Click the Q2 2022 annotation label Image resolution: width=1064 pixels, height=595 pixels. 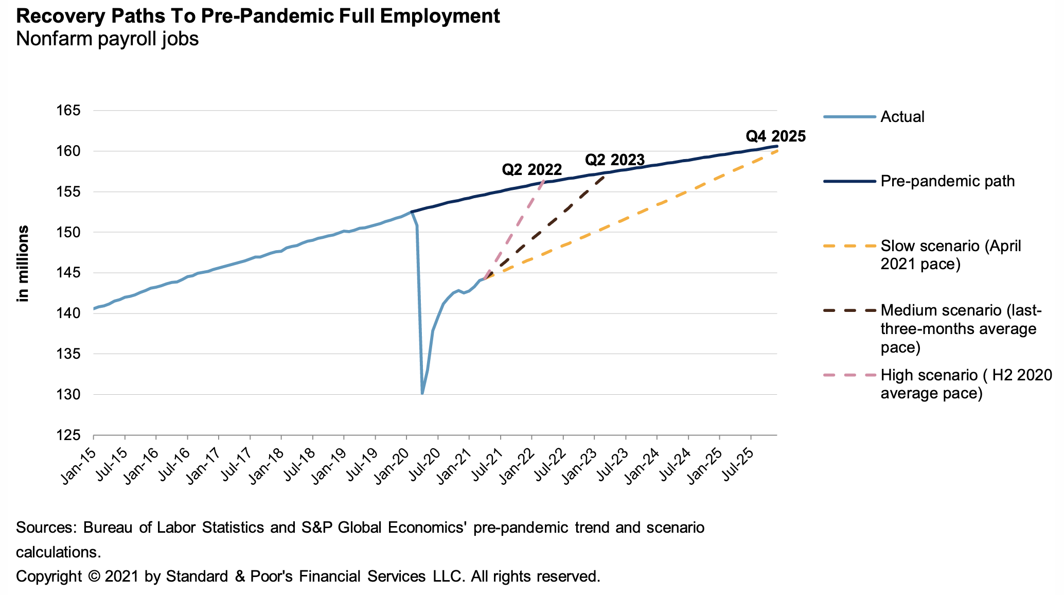[531, 169]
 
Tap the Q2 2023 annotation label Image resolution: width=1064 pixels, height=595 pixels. [614, 160]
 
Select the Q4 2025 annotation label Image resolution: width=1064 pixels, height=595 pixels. [775, 136]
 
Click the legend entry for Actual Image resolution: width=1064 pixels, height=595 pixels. [902, 117]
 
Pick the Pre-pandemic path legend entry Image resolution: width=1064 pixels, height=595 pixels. [947, 181]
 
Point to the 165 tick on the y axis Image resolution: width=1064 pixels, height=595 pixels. [73, 111]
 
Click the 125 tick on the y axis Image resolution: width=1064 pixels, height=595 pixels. [73, 435]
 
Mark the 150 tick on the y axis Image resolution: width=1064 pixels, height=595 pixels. [73, 233]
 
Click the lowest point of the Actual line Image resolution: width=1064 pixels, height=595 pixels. [422, 394]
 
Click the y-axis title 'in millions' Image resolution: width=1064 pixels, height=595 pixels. [23, 264]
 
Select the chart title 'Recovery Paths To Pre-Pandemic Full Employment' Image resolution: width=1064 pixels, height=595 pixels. [258, 16]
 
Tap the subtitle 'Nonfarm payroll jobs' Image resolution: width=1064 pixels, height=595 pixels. [107, 39]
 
